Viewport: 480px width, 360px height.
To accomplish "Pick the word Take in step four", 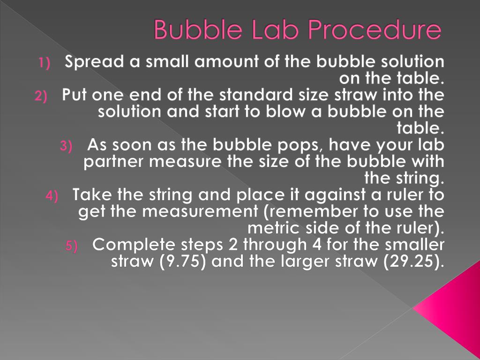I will click(94, 195).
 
